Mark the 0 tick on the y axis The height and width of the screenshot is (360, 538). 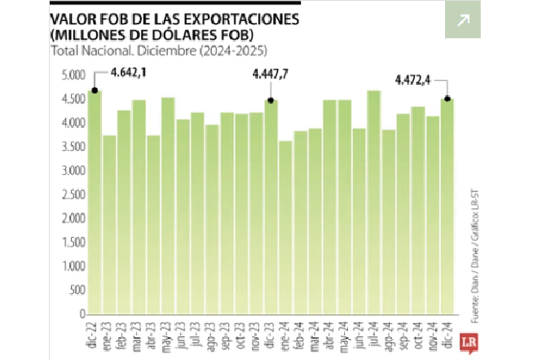[82, 314]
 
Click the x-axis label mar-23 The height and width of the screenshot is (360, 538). [139, 331]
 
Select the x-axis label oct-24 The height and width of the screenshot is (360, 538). [417, 331]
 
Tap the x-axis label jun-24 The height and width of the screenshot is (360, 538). [359, 331]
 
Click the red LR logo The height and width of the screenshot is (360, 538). [468, 340]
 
